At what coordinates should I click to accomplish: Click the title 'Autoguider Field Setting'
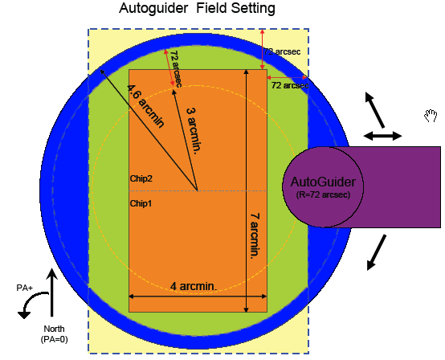[x=197, y=10]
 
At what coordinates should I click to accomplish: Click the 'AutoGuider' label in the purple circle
[x=323, y=182]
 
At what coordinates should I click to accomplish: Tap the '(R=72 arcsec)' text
[x=323, y=194]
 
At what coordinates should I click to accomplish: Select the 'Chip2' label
[x=141, y=178]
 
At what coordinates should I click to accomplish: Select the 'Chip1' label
[x=141, y=204]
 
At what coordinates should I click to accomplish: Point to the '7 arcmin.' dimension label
[x=255, y=235]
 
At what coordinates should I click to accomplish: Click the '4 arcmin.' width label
[x=195, y=286]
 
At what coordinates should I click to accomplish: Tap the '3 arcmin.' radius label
[x=194, y=129]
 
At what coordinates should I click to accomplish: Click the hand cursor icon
[x=430, y=117]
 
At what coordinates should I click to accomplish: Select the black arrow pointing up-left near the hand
[x=375, y=108]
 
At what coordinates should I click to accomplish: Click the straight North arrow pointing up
[x=51, y=293]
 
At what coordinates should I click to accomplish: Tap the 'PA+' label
[x=24, y=287]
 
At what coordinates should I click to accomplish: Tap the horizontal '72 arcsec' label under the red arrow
[x=289, y=84]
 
